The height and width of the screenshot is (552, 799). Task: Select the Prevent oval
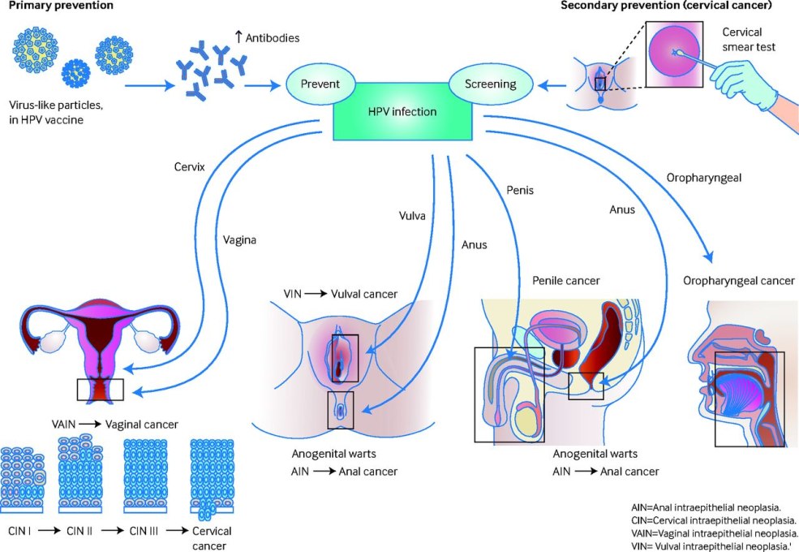tap(320, 84)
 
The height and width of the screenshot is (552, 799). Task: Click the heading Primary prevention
tap(61, 6)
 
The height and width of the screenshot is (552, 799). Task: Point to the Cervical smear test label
tap(750, 40)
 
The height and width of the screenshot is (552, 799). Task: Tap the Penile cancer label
tap(566, 281)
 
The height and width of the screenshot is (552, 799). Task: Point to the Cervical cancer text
tap(212, 538)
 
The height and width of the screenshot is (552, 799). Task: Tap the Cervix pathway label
tap(190, 166)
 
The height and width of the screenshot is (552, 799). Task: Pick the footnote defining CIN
tap(714, 520)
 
